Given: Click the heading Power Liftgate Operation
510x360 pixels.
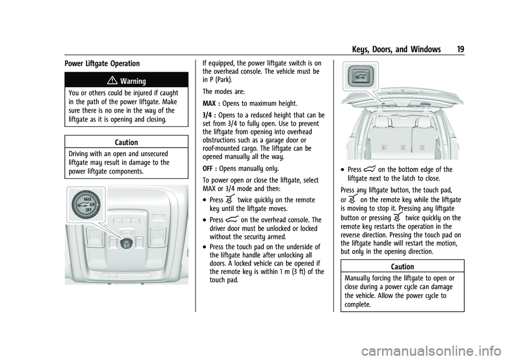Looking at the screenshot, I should click(x=102, y=64).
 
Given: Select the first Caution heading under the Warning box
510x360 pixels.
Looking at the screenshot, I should click(x=126, y=143).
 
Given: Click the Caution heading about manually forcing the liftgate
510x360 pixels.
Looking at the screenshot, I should click(x=404, y=267).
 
